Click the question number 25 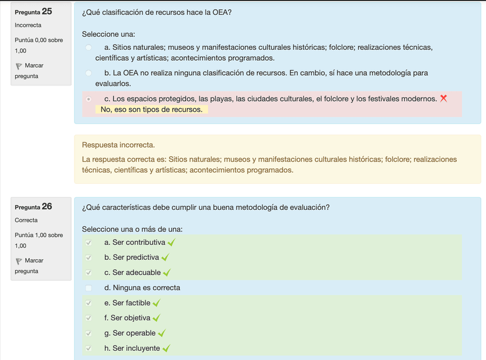click(47, 11)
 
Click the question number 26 click(47, 206)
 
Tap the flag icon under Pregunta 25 click(19, 66)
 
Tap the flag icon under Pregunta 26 click(19, 261)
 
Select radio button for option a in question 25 click(88, 48)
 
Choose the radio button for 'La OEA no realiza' click(88, 73)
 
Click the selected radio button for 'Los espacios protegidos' click(88, 99)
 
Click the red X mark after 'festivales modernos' click(443, 99)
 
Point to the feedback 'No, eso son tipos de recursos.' click(151, 109)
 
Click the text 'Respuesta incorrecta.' click(119, 145)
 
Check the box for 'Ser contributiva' click(88, 242)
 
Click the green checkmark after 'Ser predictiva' click(165, 258)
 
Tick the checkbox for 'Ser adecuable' click(88, 273)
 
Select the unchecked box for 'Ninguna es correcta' click(88, 288)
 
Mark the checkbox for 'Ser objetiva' click(88, 318)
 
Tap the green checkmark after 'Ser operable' click(162, 333)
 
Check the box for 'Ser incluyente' click(88, 348)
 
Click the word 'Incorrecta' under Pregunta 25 click(28, 25)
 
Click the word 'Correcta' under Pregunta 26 click(26, 220)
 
